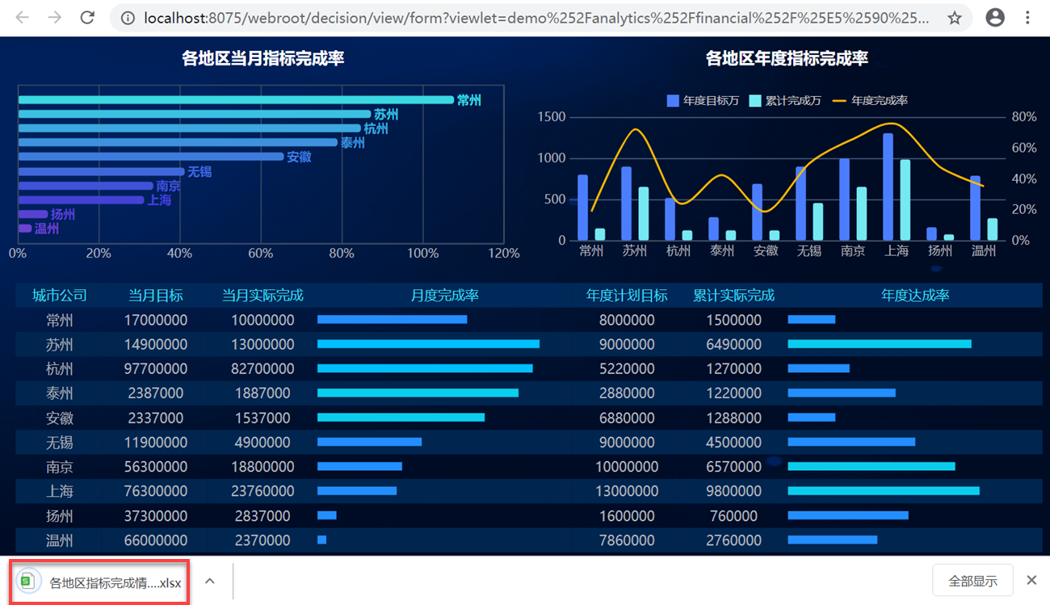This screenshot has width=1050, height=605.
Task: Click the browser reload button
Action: tap(87, 17)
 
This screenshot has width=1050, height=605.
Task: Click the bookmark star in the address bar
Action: tap(955, 18)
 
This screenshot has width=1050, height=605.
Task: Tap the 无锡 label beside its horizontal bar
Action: tap(199, 172)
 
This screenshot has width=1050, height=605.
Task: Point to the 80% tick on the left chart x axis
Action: tap(342, 254)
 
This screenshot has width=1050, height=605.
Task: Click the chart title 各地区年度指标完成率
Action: tap(787, 58)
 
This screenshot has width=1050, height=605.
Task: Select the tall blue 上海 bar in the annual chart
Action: tap(888, 187)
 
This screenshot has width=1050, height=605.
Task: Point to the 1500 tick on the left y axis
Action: tap(552, 117)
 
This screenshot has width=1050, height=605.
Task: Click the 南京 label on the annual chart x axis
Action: tap(853, 251)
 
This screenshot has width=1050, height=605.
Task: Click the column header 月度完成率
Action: tap(444, 296)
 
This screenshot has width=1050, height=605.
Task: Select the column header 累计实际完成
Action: tap(733, 296)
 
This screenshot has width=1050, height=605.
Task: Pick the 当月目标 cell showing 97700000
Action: tap(156, 369)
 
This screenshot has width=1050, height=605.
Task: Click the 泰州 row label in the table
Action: tap(59, 393)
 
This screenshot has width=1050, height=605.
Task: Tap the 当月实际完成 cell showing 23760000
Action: tap(262, 491)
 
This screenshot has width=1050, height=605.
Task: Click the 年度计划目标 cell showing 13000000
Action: tap(627, 491)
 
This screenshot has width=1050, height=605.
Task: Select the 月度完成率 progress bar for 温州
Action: tap(322, 540)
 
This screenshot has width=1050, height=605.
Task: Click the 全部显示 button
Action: tap(972, 581)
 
